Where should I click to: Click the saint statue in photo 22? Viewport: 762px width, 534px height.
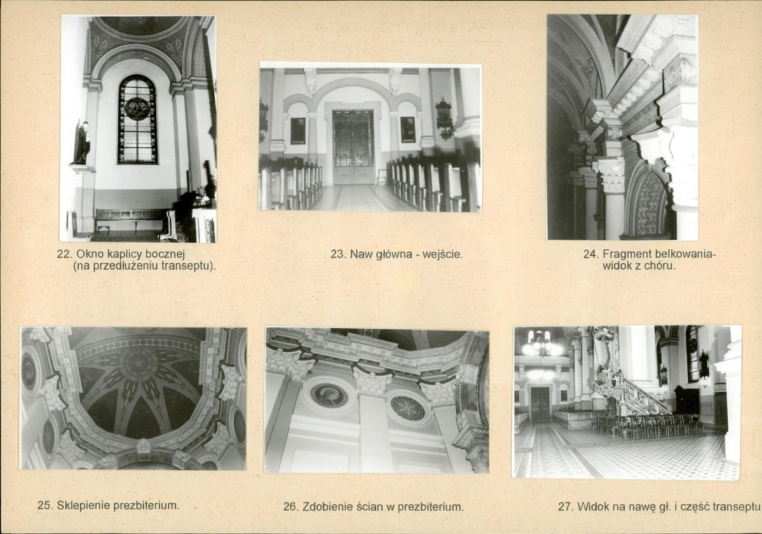click(x=82, y=143)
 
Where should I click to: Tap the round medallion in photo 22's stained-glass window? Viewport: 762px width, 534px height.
click(x=137, y=108)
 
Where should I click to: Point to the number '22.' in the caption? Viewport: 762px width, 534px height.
click(x=65, y=254)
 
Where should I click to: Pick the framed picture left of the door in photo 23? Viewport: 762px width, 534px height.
click(x=298, y=131)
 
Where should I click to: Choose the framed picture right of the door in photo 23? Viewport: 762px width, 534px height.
click(x=408, y=129)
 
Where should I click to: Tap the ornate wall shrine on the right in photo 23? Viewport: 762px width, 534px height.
click(x=444, y=118)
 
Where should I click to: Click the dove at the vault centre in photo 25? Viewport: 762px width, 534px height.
click(x=137, y=363)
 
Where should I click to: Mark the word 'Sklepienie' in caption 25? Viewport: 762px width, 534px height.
click(x=83, y=505)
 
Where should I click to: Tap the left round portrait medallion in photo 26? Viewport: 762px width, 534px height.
click(x=329, y=395)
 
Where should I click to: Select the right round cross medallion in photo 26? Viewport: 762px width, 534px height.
click(x=407, y=407)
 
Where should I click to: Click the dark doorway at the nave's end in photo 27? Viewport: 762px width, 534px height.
click(x=540, y=403)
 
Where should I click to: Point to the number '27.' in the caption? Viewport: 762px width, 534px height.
click(x=566, y=507)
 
